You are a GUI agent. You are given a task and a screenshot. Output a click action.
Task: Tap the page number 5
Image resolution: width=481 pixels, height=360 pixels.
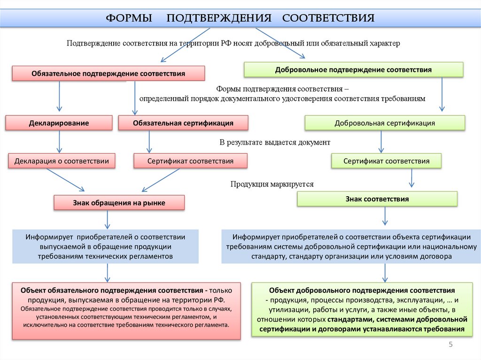(x=450, y=345)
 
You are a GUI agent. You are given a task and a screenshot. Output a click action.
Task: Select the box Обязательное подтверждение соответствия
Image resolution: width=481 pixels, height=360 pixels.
(x=108, y=74)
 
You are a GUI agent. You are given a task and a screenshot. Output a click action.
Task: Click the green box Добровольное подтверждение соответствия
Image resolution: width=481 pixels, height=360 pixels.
(x=353, y=69)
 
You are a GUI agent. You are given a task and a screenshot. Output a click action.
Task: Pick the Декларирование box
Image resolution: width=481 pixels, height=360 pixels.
(x=59, y=123)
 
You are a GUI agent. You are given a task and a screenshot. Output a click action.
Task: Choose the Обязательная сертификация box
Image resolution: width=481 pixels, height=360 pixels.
(x=183, y=123)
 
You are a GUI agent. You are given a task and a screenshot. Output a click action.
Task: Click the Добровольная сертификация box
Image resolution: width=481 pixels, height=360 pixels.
(x=385, y=123)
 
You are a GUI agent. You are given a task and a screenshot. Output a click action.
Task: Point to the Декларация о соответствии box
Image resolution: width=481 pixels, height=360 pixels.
(x=62, y=161)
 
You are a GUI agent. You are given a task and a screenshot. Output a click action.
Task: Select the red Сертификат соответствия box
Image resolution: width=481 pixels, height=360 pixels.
(x=190, y=161)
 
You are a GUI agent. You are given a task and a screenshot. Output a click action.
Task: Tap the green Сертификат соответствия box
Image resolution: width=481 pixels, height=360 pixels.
(x=386, y=161)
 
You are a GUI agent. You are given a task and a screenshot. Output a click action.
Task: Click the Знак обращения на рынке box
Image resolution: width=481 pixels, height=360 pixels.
(x=119, y=202)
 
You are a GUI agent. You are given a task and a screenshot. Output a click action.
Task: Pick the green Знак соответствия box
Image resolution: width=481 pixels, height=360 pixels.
(x=377, y=199)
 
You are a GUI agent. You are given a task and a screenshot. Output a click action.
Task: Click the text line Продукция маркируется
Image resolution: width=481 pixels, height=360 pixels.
(x=272, y=184)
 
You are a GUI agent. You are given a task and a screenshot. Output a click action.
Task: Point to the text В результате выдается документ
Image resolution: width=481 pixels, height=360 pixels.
(x=275, y=142)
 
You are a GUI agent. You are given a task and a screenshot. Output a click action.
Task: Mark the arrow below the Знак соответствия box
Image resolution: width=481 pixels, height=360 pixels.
(x=385, y=215)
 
